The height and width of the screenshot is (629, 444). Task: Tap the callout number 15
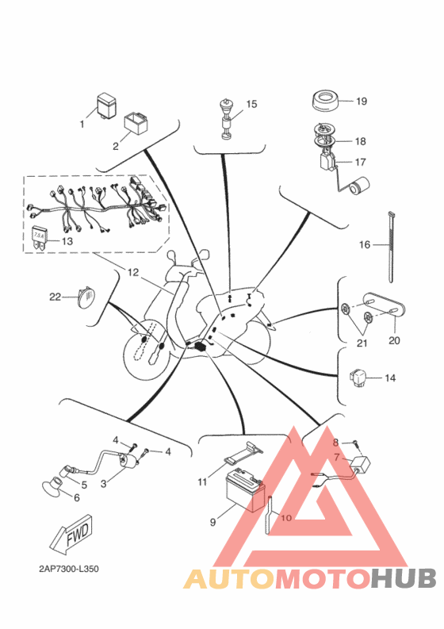pos(251,104)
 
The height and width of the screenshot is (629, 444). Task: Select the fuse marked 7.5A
pos(39,239)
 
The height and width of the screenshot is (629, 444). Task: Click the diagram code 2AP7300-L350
pos(69,569)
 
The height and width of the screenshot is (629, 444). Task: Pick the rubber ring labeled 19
pos(325,100)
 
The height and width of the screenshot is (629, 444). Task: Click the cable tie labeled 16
pos(390,247)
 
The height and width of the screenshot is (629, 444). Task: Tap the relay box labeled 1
pos(106,105)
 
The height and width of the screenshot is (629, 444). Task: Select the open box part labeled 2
pos(136,123)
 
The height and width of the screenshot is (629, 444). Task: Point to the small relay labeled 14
pos(358,377)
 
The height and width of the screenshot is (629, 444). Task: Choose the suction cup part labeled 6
pos(52,489)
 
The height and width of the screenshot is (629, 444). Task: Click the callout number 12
pos(132,272)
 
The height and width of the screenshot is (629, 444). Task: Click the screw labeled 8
pos(356,443)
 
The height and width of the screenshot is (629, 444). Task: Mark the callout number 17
pos(360,162)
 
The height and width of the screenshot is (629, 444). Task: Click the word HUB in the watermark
pos(403,578)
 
